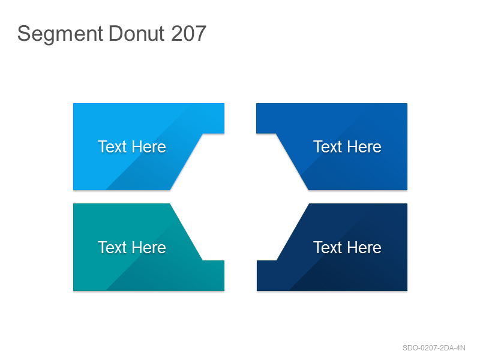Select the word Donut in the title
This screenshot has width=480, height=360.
137,33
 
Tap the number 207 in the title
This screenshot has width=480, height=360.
188,33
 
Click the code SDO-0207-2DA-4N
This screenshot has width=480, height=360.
434,348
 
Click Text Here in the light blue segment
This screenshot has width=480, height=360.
132,146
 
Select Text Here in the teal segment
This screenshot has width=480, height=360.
132,247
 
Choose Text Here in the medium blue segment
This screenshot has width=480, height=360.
347,146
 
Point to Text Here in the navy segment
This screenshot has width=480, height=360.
347,247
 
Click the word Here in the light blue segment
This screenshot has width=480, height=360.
149,146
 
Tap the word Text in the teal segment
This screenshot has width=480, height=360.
112,247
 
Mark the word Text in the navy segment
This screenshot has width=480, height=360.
328,247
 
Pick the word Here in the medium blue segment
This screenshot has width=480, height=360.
365,146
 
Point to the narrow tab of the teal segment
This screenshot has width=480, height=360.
214,275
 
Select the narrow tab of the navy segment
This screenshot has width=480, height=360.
266,275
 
